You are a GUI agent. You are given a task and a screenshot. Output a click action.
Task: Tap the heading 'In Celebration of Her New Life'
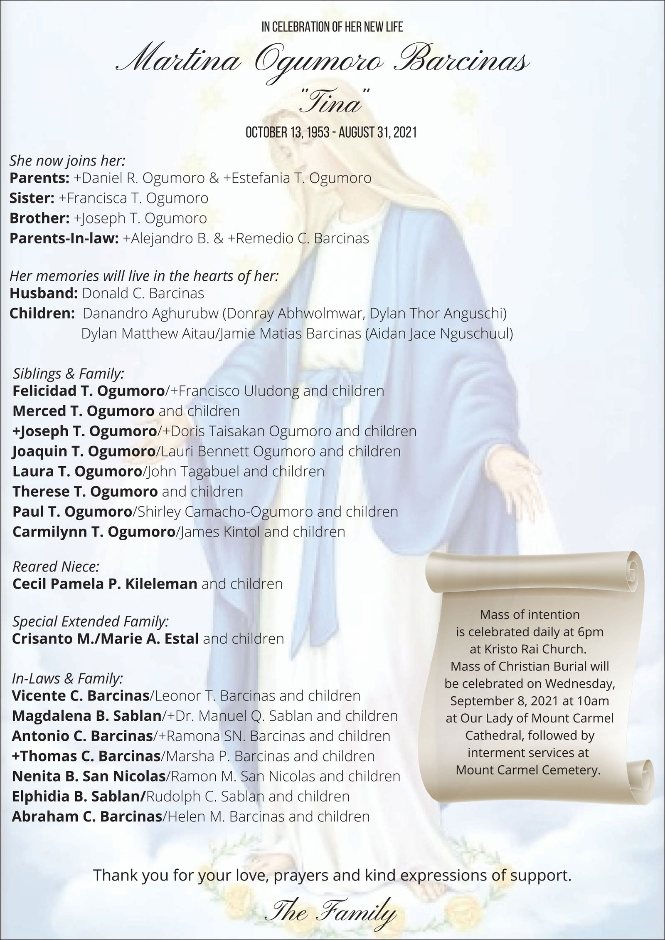click(x=332, y=27)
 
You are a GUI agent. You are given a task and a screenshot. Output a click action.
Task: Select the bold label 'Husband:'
click(x=44, y=294)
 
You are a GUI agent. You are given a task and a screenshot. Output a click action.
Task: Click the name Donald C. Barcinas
click(x=143, y=294)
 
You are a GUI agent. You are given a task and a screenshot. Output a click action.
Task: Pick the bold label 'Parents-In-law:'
click(x=64, y=238)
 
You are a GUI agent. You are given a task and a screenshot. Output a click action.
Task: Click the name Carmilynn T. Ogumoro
click(x=94, y=532)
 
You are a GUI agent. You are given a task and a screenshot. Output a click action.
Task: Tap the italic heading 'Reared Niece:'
click(x=56, y=566)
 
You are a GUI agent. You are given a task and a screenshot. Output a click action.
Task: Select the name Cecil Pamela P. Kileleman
click(x=105, y=584)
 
